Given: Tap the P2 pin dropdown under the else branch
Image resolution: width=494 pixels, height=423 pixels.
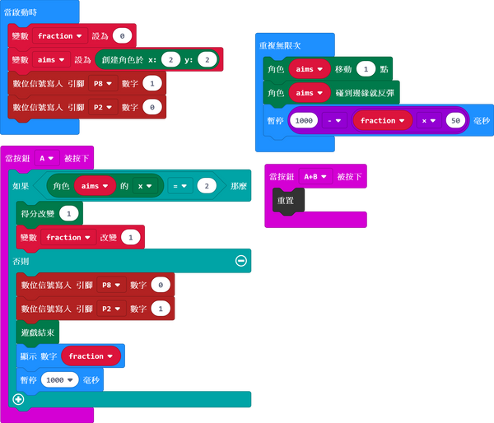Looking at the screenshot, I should [113, 309].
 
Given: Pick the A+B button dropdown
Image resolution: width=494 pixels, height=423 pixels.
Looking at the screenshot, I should [317, 176].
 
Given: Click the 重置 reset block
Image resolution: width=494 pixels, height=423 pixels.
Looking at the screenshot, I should [287, 200].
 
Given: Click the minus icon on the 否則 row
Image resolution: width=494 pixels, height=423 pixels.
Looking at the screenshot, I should [240, 260].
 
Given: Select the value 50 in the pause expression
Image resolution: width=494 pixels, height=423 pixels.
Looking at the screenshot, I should [453, 121].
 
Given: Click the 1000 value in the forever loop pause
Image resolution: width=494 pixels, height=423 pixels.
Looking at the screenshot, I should [305, 121].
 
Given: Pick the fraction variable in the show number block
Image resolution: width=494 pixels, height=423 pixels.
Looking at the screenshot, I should [91, 356].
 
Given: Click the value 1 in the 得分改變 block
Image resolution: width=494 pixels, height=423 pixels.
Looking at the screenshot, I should [69, 213].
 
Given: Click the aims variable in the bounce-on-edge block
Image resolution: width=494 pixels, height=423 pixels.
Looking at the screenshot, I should [309, 95].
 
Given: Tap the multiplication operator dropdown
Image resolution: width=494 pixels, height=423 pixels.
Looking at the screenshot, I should [428, 121].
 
